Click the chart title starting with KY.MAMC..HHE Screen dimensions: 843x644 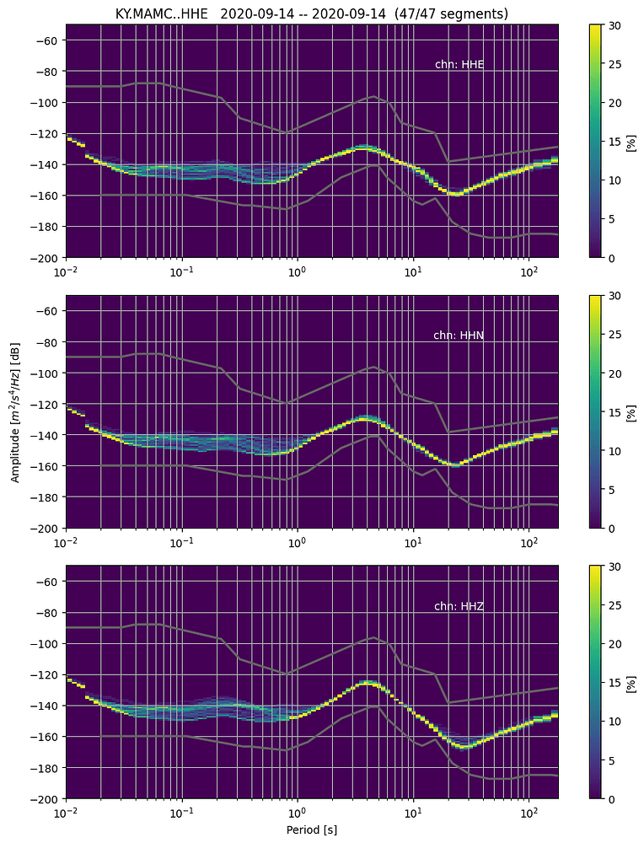click(311, 13)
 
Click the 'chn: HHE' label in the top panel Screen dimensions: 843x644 click(459, 64)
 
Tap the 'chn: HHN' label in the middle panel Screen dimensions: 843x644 click(459, 336)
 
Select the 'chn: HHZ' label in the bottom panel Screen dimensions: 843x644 click(459, 606)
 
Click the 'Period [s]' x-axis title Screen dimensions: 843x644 click(311, 830)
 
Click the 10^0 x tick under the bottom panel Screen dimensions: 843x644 click(298, 813)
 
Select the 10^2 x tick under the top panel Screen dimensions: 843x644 click(529, 271)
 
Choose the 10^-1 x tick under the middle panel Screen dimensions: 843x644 click(181, 542)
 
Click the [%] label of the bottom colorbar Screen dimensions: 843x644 click(631, 682)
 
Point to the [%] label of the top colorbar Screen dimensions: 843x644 click(631, 141)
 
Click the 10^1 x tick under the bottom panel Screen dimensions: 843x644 click(413, 813)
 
